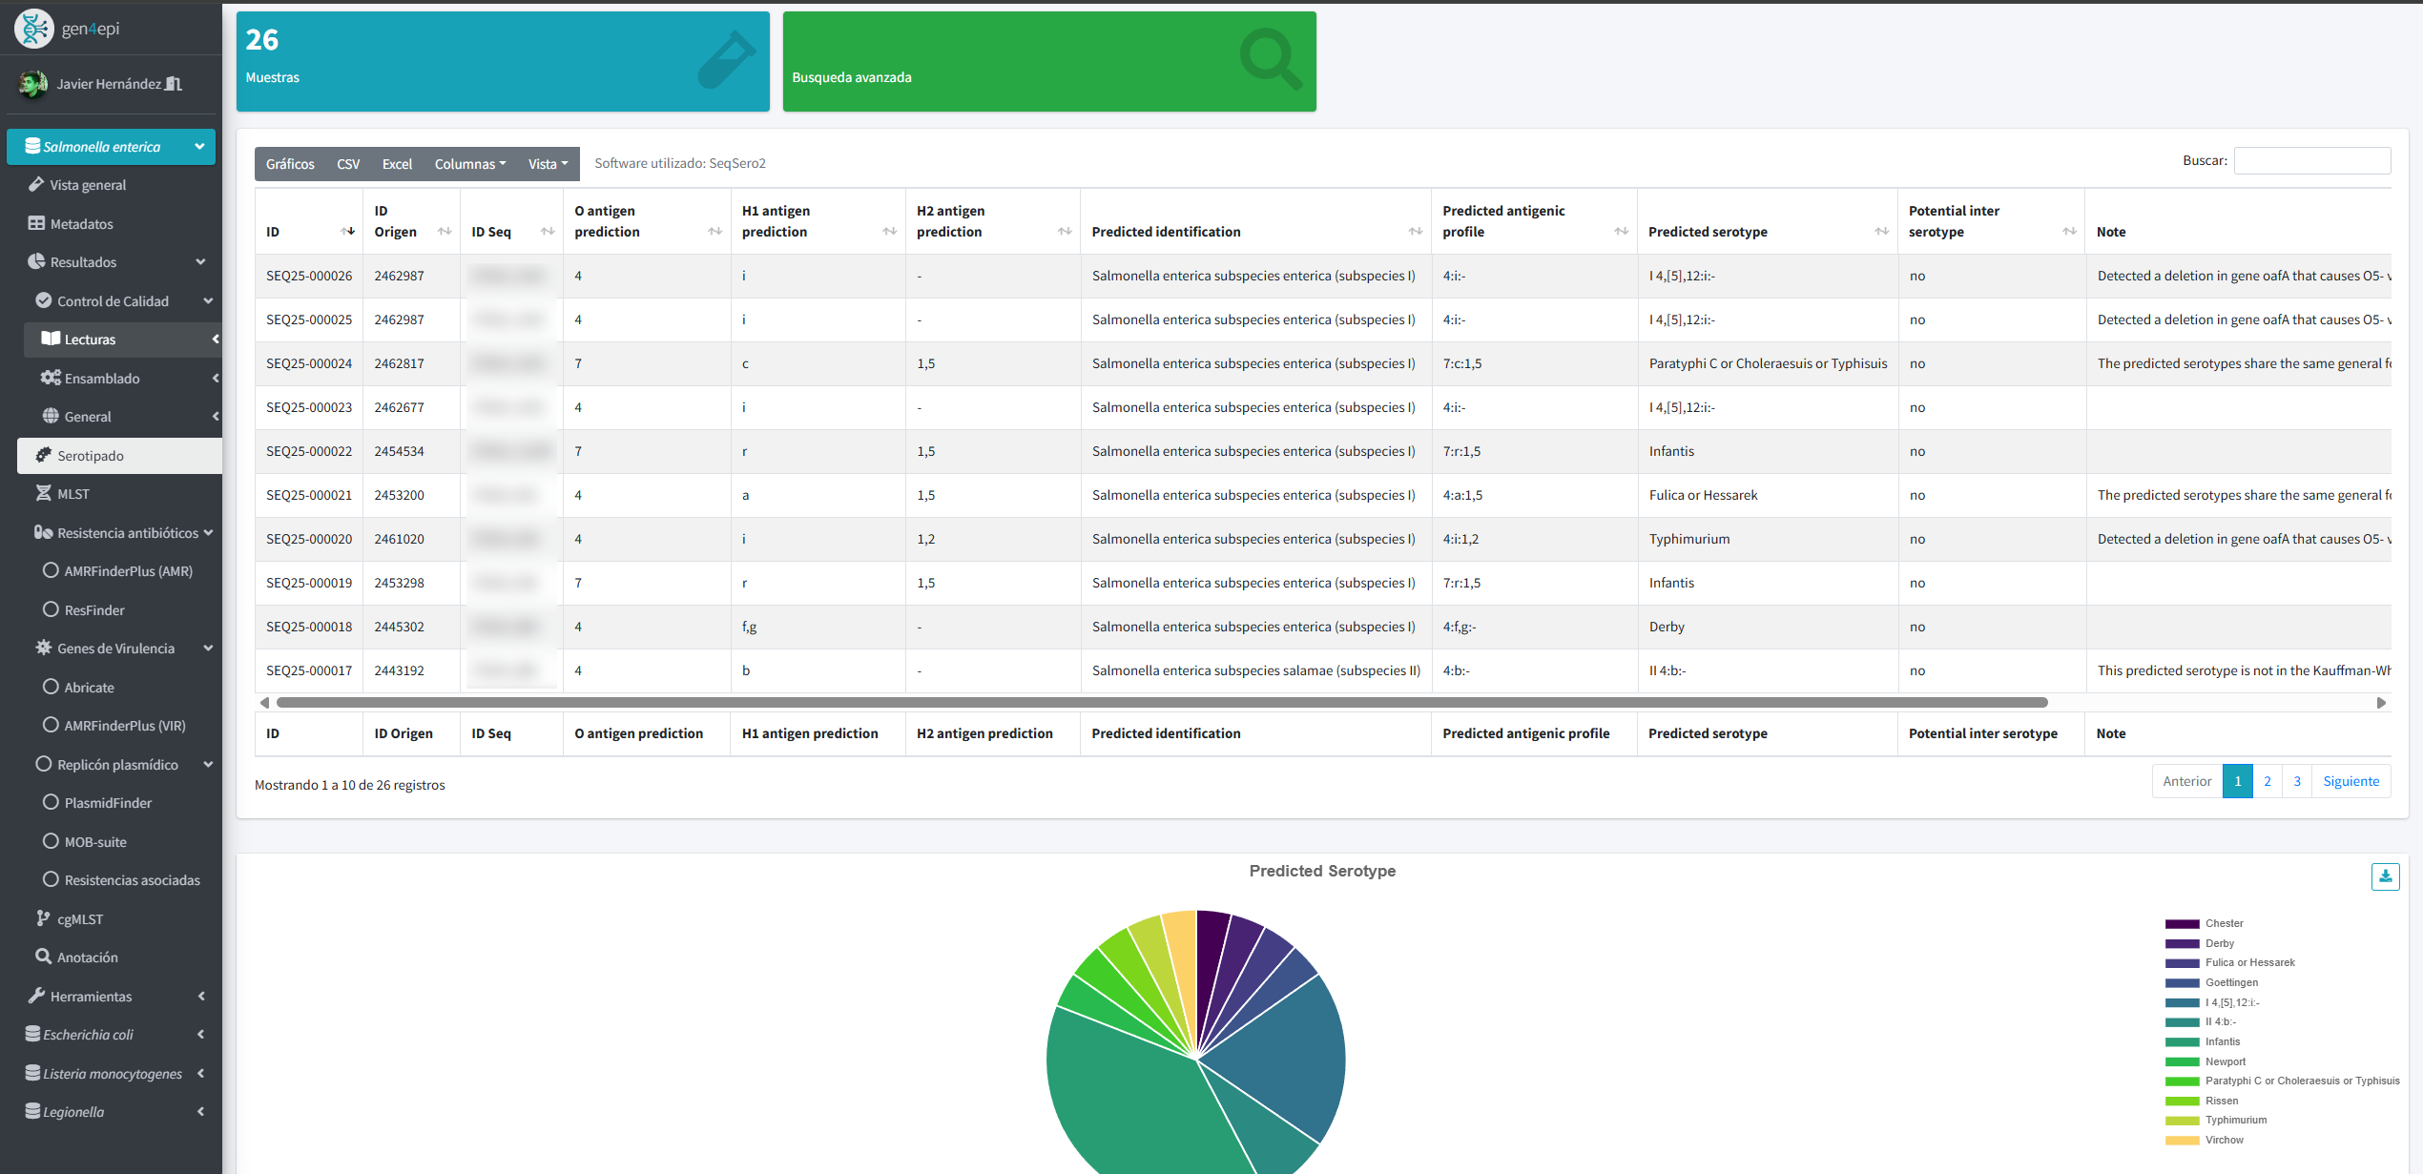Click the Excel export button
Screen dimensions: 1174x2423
(x=397, y=164)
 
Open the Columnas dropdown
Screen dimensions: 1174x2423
(x=469, y=164)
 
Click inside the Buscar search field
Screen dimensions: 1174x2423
(x=2311, y=161)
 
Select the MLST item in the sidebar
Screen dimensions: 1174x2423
(x=72, y=494)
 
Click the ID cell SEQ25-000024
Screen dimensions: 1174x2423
(x=309, y=363)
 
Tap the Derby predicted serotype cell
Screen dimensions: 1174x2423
(x=1667, y=627)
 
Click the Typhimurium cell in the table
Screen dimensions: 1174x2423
(x=1688, y=539)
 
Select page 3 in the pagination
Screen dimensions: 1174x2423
(x=2296, y=781)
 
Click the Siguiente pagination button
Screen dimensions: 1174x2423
(x=2351, y=781)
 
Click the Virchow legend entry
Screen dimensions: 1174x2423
(x=2223, y=1140)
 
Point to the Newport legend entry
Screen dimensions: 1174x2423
(x=2225, y=1061)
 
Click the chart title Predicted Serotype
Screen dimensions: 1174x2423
(x=1322, y=871)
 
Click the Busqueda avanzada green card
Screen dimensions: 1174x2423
(x=1048, y=62)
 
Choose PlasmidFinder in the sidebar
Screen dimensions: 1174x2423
(x=108, y=803)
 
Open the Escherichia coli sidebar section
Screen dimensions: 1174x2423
(x=88, y=1035)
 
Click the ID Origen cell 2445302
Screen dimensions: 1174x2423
(x=399, y=627)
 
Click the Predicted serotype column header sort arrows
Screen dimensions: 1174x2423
(x=1881, y=232)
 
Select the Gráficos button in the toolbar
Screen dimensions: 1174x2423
(x=290, y=164)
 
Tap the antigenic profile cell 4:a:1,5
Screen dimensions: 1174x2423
(x=1462, y=495)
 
